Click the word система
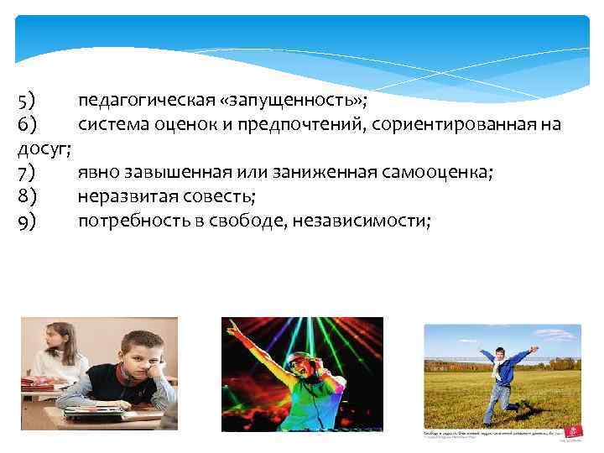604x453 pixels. [x=113, y=125]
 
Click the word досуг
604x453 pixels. [x=42, y=149]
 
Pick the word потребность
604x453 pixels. [x=131, y=221]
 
